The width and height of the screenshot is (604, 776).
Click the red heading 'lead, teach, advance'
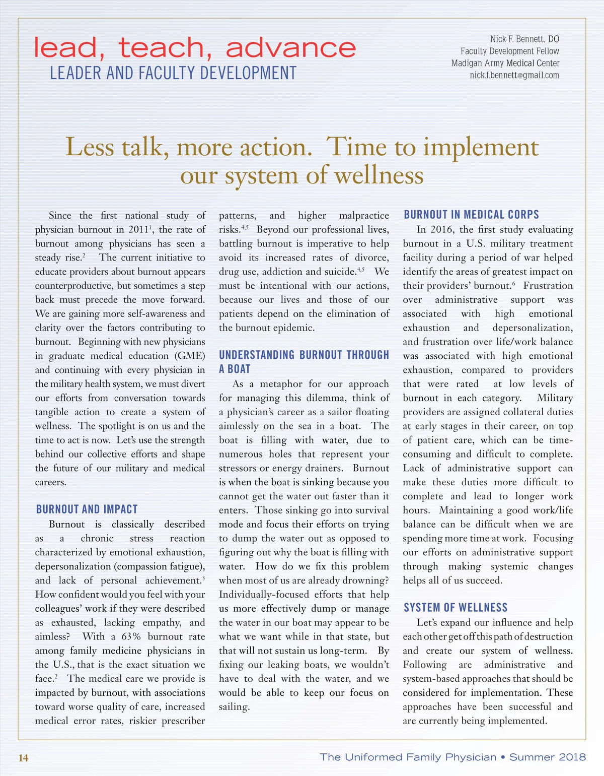(195, 47)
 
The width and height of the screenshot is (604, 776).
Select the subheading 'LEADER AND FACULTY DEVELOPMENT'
(173, 73)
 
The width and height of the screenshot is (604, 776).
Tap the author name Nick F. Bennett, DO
(524, 39)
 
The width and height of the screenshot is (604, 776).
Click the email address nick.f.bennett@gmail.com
(514, 75)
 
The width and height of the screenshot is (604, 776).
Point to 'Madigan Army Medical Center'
(505, 63)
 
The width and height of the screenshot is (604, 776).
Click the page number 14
(24, 758)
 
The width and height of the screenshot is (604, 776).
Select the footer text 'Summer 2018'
(547, 757)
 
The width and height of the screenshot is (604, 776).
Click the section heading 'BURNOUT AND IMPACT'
(87, 509)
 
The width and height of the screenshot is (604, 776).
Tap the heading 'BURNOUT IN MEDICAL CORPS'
(471, 215)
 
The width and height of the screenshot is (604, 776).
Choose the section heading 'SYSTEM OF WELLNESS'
(456, 607)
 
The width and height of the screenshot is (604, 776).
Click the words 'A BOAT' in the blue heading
(235, 369)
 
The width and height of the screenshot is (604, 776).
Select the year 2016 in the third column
(441, 229)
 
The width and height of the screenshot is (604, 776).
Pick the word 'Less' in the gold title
(91, 147)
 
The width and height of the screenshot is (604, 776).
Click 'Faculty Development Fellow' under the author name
(509, 51)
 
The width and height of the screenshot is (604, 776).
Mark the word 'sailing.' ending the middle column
(234, 706)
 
